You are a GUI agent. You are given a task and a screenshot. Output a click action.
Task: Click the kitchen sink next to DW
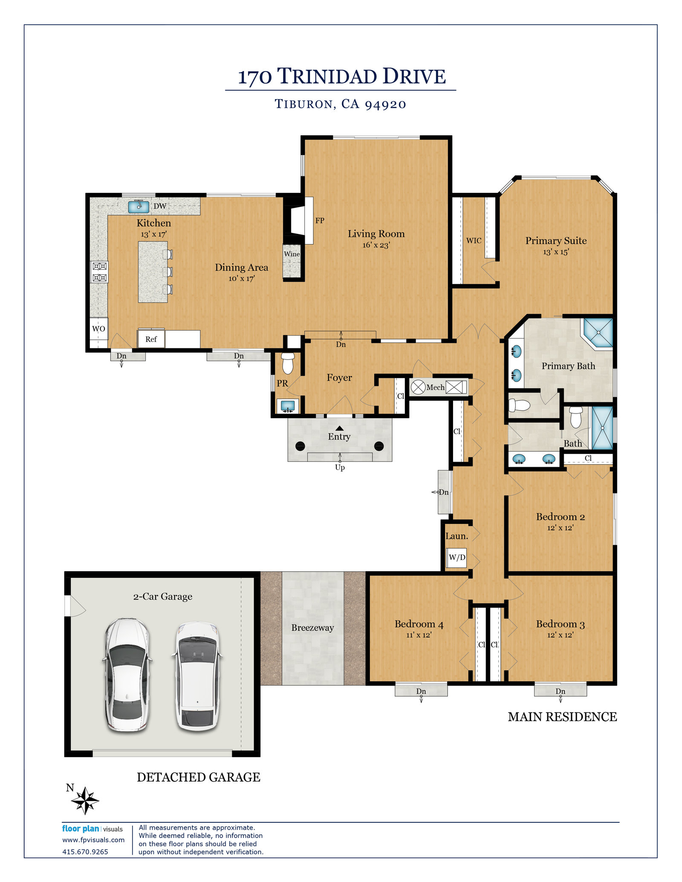(139, 207)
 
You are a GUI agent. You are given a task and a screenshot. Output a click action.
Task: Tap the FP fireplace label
(320, 221)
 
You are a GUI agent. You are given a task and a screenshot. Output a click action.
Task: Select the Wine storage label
(292, 254)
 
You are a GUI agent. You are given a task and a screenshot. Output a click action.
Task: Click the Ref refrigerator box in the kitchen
(151, 339)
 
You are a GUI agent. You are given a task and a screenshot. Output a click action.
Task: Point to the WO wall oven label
(98, 329)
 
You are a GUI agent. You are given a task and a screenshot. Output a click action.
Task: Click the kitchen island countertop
(153, 272)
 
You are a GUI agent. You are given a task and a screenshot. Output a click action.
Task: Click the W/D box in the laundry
(457, 557)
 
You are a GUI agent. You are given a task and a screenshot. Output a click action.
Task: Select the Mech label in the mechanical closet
(435, 388)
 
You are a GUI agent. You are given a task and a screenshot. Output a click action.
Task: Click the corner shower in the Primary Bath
(598, 333)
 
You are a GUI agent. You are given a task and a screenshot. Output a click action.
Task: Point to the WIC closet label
(474, 241)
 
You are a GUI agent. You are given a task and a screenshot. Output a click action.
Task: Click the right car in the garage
(197, 676)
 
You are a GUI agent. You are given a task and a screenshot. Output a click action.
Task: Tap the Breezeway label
(312, 627)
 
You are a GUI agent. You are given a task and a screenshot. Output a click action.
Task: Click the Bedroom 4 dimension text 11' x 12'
(419, 635)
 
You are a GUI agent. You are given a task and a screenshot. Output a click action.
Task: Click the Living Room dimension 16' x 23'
(376, 245)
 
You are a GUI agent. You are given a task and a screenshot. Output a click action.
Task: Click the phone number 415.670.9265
(85, 852)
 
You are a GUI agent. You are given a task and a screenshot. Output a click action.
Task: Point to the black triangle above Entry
(339, 428)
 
